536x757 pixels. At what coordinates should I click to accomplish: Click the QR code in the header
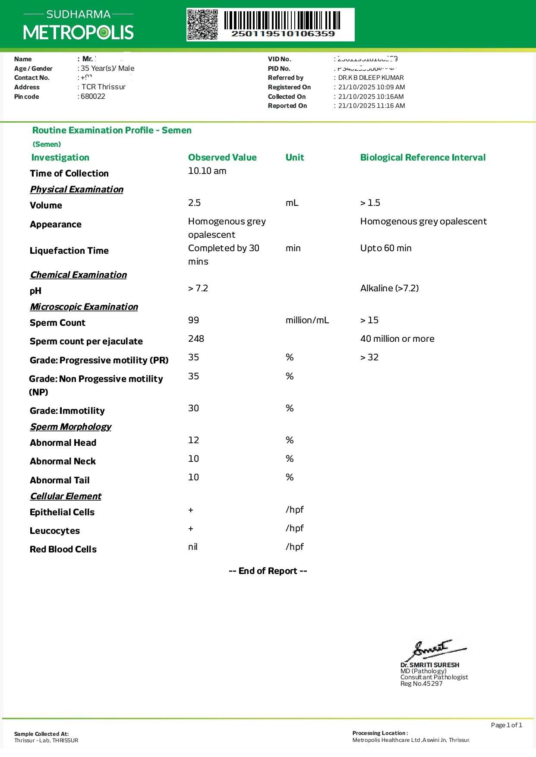[x=202, y=25]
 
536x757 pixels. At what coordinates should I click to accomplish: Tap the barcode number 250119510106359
[x=283, y=34]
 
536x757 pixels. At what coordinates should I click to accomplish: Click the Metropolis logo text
[x=79, y=32]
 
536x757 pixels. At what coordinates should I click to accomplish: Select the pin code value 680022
[x=93, y=96]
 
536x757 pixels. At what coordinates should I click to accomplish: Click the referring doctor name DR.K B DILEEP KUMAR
[x=371, y=78]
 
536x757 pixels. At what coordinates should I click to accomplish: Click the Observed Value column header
[x=222, y=158]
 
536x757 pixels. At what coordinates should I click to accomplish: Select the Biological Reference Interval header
[x=423, y=158]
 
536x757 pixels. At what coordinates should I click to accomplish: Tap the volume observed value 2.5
[x=195, y=203]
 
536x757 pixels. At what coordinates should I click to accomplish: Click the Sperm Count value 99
[x=194, y=320]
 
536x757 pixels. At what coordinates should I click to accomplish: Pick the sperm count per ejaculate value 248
[x=196, y=339]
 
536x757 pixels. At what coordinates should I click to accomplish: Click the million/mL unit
[x=307, y=320]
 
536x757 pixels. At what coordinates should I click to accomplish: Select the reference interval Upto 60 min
[x=386, y=248]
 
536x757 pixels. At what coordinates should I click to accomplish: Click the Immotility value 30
[x=194, y=408]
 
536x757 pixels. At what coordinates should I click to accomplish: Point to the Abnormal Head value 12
[x=194, y=440]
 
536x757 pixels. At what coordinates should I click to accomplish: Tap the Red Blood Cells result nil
[x=193, y=547]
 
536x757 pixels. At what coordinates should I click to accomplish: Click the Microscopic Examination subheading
[x=84, y=307]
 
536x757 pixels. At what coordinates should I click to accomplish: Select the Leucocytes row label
[x=55, y=531]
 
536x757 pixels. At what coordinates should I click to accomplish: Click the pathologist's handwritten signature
[x=434, y=649]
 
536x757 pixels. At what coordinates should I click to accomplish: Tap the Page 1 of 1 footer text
[x=506, y=725]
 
